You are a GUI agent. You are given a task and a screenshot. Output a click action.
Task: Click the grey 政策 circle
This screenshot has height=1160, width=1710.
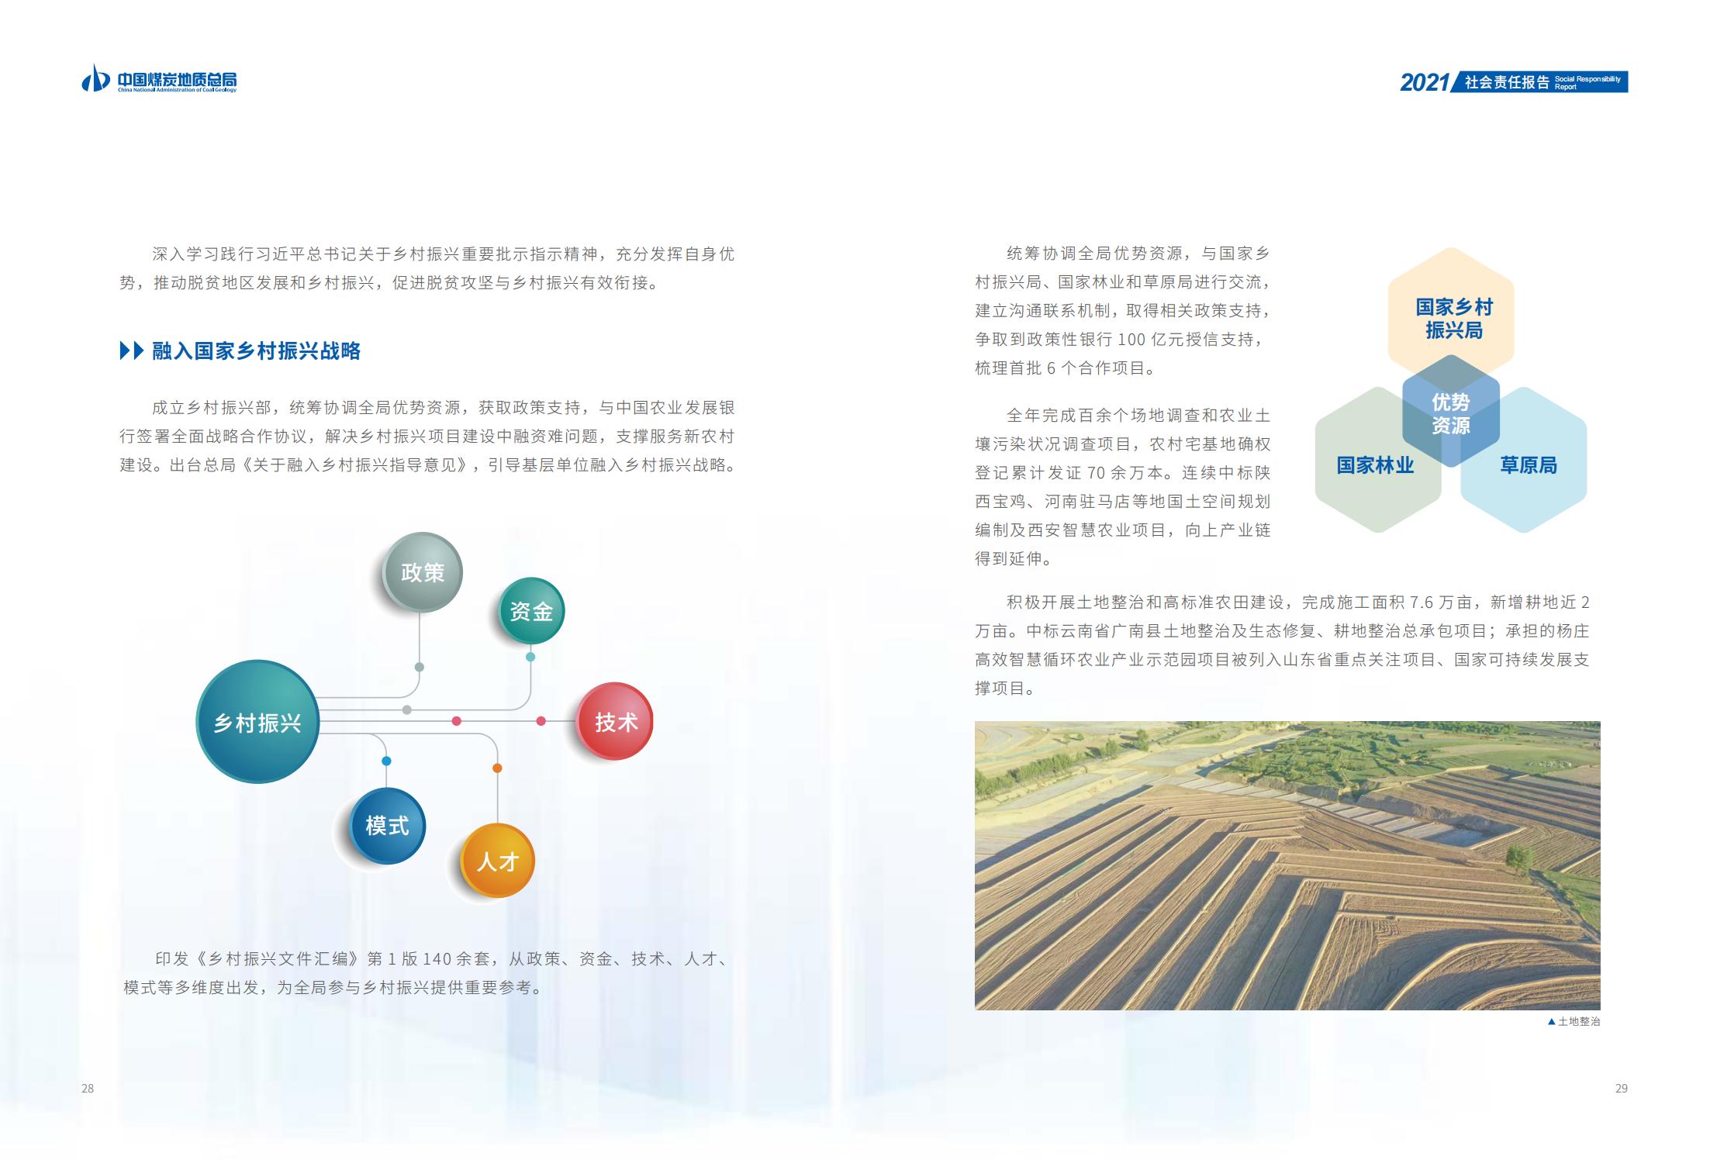[423, 572]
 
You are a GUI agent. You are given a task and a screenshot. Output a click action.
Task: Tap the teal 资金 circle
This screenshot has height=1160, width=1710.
[531, 611]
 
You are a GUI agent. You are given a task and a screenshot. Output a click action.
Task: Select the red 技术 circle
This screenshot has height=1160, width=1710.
[615, 721]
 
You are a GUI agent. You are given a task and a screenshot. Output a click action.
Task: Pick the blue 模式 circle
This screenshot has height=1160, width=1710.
[387, 826]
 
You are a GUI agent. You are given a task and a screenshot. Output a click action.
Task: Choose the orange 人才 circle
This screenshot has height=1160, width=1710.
[498, 861]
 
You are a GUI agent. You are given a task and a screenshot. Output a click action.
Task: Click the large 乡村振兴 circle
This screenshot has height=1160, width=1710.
[257, 722]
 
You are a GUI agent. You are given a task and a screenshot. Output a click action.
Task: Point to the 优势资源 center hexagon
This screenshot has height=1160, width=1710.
[1451, 413]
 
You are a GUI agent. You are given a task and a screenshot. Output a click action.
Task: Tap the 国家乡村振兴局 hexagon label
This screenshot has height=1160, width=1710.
[1454, 319]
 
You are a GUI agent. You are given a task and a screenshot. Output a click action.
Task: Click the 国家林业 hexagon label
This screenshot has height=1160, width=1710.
[1375, 465]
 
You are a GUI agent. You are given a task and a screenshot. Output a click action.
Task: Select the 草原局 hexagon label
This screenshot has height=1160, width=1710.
[1529, 465]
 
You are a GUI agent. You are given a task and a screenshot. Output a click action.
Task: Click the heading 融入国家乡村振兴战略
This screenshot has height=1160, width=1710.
[257, 351]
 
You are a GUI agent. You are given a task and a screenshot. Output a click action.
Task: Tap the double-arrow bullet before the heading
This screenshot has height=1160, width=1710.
[132, 351]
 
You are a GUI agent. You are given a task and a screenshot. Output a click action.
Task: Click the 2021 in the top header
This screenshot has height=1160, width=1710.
[1425, 82]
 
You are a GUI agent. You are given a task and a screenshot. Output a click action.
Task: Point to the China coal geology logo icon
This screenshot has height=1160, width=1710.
[95, 78]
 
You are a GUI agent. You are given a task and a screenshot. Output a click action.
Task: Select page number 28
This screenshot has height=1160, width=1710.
[88, 1089]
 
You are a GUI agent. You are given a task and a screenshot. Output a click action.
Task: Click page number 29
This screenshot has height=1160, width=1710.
[1622, 1089]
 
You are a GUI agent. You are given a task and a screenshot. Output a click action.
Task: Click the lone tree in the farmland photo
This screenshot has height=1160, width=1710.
[1518, 858]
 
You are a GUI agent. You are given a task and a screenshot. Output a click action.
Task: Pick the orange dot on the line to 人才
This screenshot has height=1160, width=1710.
[497, 768]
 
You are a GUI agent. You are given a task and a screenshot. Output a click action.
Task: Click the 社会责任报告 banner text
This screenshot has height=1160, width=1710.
[1507, 82]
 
